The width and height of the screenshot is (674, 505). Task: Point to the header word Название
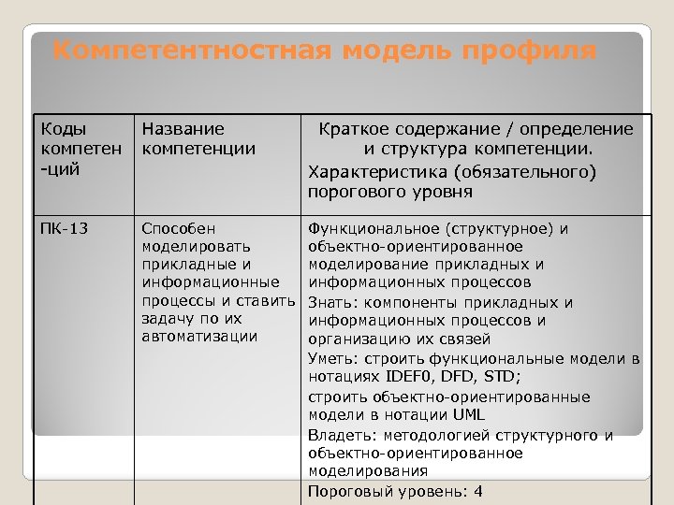(183, 129)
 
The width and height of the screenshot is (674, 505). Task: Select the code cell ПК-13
(65, 228)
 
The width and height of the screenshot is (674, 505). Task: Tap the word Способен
(179, 228)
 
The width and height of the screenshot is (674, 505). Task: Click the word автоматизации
(199, 336)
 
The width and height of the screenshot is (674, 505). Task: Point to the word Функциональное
(373, 228)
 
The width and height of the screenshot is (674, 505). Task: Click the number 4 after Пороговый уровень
(478, 491)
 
